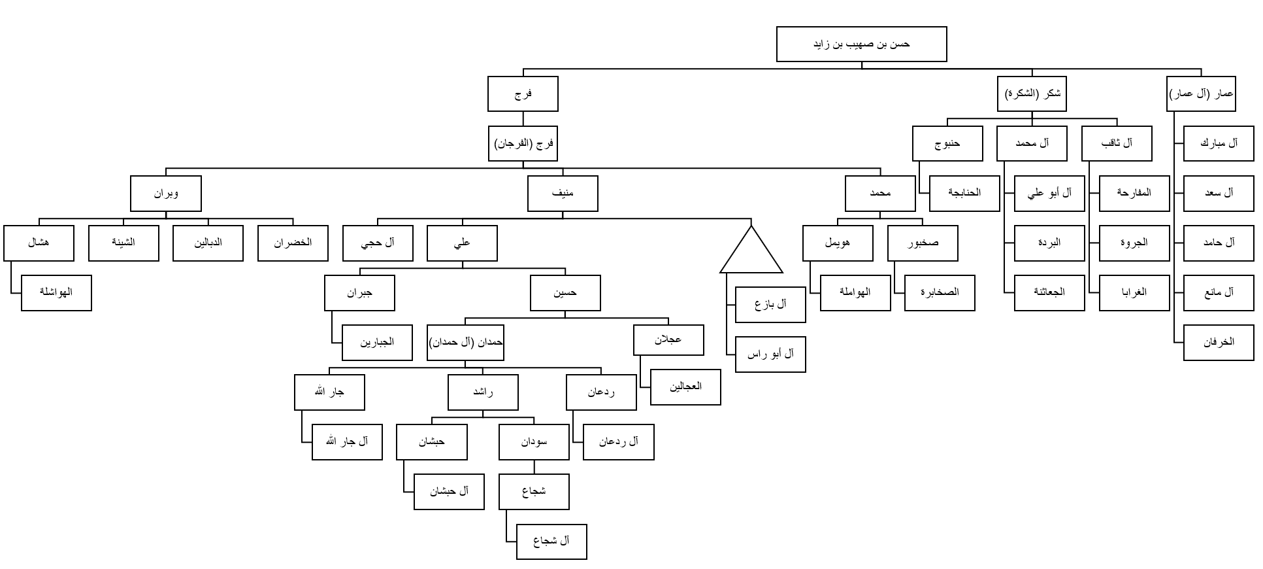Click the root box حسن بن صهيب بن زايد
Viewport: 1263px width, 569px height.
click(x=861, y=44)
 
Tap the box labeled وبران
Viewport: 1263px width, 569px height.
click(x=166, y=194)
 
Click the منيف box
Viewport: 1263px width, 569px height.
click(x=563, y=194)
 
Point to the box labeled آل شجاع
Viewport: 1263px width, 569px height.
click(x=551, y=542)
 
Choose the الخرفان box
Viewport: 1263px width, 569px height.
click(x=1219, y=342)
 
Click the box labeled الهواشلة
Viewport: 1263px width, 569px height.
click(x=56, y=292)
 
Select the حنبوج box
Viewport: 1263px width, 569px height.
click(x=947, y=143)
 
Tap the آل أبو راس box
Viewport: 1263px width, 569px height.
click(x=770, y=354)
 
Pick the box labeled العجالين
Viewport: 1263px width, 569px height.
click(x=685, y=387)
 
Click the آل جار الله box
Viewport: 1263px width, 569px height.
click(x=347, y=442)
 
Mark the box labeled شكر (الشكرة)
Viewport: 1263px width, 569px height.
click(x=1032, y=94)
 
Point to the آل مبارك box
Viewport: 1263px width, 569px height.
click(x=1219, y=143)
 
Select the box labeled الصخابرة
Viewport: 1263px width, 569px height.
click(x=940, y=292)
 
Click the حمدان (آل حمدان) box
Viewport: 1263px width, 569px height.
click(x=466, y=343)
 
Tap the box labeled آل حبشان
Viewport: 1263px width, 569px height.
click(x=449, y=492)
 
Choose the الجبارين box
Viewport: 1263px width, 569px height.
click(x=377, y=343)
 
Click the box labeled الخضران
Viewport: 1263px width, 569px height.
click(x=293, y=243)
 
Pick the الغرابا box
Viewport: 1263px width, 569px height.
click(x=1134, y=292)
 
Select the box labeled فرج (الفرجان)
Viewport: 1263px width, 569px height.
click(x=523, y=143)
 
